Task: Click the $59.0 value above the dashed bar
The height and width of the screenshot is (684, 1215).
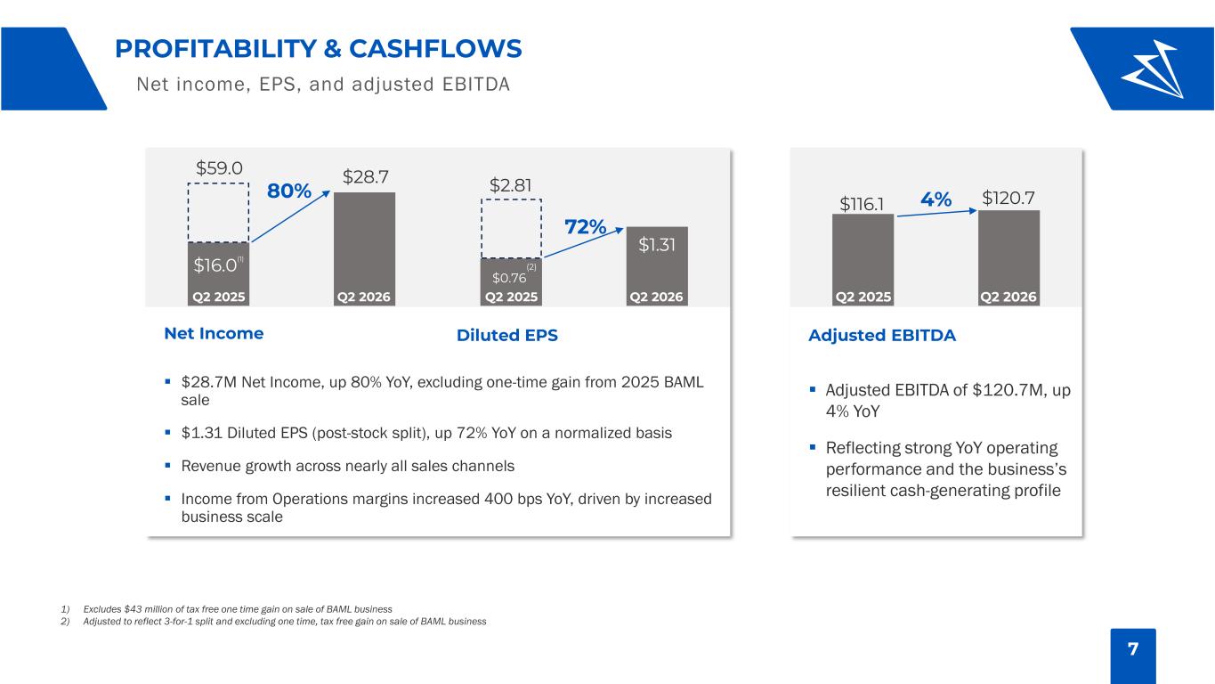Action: [x=219, y=167]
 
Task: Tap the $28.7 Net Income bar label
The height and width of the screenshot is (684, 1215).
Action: [x=365, y=176]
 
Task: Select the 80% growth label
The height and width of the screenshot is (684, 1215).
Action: [x=289, y=191]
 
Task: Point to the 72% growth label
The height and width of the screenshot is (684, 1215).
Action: [x=586, y=226]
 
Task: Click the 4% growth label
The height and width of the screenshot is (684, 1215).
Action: [x=936, y=199]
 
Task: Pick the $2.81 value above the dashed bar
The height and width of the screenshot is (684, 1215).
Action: [x=510, y=185]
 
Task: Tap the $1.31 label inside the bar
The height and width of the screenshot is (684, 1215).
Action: [x=657, y=245]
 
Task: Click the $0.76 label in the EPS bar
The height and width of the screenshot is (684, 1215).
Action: [x=509, y=277]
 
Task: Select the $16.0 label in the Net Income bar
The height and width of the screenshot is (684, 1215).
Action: [x=216, y=265]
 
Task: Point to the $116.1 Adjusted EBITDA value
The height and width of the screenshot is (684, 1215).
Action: [x=862, y=204]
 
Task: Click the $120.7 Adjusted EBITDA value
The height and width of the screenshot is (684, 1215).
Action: [x=1008, y=198]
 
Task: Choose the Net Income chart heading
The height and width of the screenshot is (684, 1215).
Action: [x=214, y=333]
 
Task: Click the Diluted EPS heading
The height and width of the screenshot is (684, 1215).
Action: [x=507, y=336]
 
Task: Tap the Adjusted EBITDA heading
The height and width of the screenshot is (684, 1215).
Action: [x=882, y=336]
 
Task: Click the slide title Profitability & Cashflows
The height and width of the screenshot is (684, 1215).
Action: [x=319, y=48]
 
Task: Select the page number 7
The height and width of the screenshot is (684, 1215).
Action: [x=1133, y=649]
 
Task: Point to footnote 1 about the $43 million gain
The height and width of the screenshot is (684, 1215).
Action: [x=226, y=609]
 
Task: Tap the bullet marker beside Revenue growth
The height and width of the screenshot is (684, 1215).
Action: [x=167, y=465]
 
